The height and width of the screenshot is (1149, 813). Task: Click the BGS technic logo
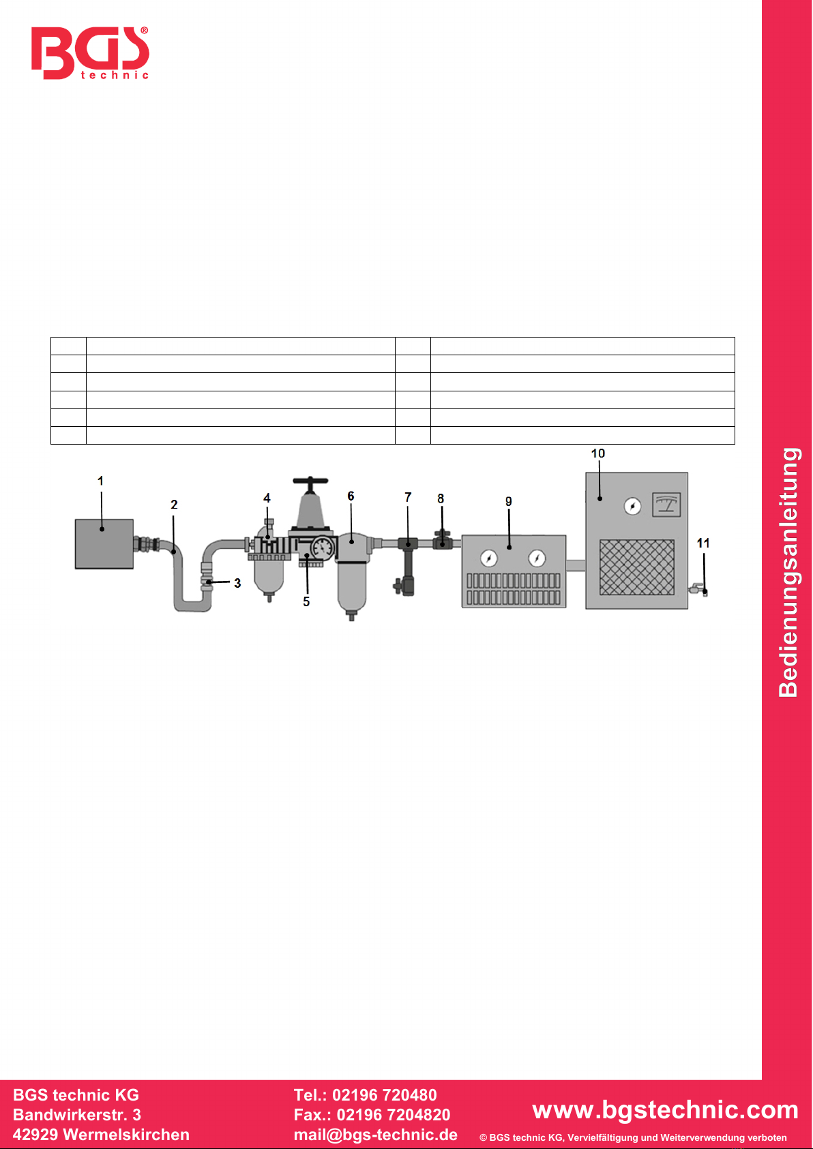coord(90,53)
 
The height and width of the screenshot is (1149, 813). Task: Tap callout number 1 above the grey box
coord(100,481)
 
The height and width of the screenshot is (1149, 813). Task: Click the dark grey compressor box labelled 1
coord(104,543)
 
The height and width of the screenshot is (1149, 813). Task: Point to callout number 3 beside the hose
coord(237,583)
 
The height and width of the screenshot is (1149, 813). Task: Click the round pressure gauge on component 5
coord(323,547)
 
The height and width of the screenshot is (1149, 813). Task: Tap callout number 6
coord(351,496)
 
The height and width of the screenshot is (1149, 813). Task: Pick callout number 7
coord(408,497)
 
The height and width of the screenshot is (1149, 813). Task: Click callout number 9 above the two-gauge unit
coord(508,501)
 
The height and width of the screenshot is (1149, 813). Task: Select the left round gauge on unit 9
coord(488,558)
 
